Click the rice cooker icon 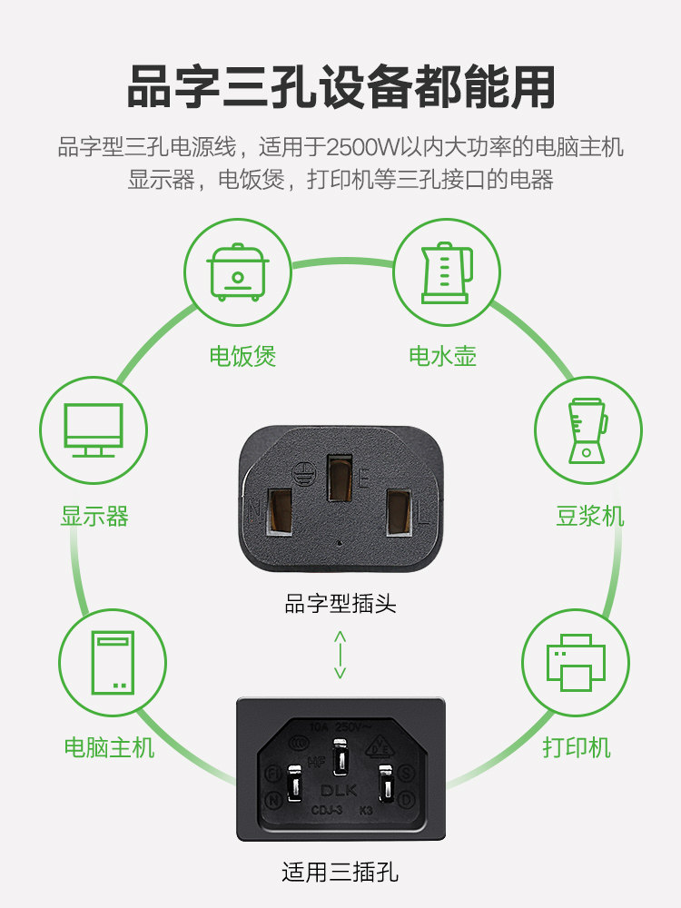238,271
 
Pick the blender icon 587,429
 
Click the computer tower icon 113,663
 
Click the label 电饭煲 242,356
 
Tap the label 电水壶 442,356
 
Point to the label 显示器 94,517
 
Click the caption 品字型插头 340,603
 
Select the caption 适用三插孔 340,874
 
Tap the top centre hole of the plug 340,478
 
